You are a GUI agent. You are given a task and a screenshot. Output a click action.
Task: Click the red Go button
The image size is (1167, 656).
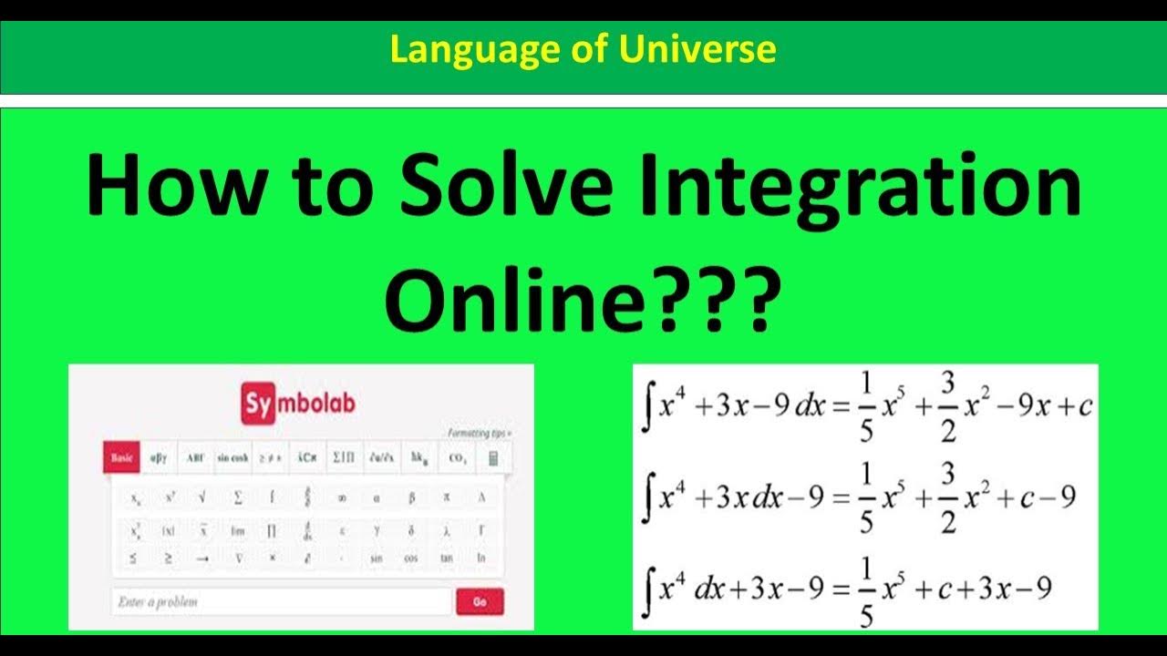[479, 601]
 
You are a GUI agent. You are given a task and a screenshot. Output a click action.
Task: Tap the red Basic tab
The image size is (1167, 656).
[121, 458]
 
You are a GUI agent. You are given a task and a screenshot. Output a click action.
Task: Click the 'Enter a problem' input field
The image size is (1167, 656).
[281, 601]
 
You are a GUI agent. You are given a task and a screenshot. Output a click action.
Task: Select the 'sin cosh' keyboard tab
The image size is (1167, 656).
[232, 458]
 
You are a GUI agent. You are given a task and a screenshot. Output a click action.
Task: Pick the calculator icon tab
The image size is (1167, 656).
[493, 458]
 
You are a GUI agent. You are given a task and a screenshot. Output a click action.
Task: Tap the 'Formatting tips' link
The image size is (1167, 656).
[480, 433]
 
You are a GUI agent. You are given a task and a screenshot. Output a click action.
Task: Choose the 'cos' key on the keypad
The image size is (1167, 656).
[410, 558]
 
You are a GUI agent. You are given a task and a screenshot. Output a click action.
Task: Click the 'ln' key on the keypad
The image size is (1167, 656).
[481, 558]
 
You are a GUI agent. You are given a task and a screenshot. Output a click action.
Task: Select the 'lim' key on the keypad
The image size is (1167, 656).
[238, 529]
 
